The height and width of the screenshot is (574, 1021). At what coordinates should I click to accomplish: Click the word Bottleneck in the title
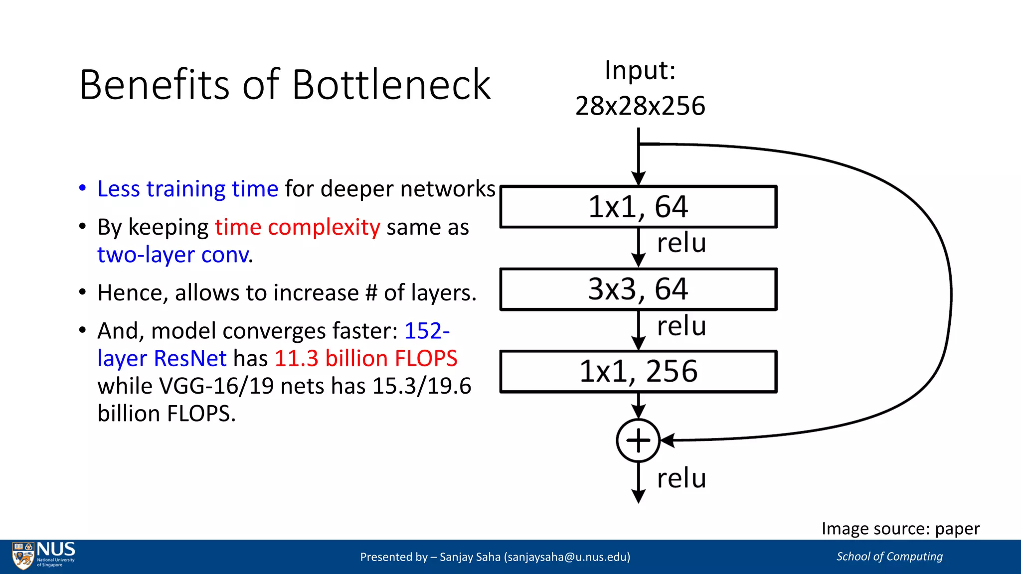click(x=391, y=85)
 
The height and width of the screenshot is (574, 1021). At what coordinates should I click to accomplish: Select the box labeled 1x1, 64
click(x=638, y=207)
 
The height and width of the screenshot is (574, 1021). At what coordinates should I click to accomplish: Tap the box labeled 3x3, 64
click(x=638, y=289)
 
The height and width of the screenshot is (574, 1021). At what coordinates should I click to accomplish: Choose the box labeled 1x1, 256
click(x=638, y=372)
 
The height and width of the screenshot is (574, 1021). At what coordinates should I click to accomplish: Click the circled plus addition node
click(x=638, y=441)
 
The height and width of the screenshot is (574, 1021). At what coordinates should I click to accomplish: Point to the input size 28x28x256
click(x=640, y=106)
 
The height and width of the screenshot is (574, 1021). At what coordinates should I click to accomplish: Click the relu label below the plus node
click(x=681, y=478)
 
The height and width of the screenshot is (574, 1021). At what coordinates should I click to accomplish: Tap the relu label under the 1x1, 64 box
click(x=681, y=243)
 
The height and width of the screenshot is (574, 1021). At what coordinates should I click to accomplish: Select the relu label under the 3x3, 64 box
click(x=681, y=326)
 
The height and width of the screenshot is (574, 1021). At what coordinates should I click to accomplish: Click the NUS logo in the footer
click(x=44, y=556)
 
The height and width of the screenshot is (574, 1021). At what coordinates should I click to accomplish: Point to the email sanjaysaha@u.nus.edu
click(x=567, y=557)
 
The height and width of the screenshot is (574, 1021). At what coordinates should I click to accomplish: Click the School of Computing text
click(x=889, y=557)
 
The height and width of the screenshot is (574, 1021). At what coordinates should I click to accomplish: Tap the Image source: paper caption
click(x=900, y=529)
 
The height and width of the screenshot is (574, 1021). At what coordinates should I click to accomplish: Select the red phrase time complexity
click(x=298, y=227)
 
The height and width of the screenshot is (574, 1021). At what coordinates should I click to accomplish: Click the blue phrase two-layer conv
click(x=173, y=255)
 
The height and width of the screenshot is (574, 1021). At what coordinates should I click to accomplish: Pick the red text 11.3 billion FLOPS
click(x=366, y=359)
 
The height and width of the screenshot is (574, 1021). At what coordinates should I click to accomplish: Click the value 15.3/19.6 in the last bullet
click(x=421, y=386)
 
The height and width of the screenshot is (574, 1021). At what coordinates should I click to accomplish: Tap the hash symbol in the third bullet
click(x=371, y=293)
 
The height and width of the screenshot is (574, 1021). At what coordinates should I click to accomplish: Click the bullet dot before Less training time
click(x=83, y=189)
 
